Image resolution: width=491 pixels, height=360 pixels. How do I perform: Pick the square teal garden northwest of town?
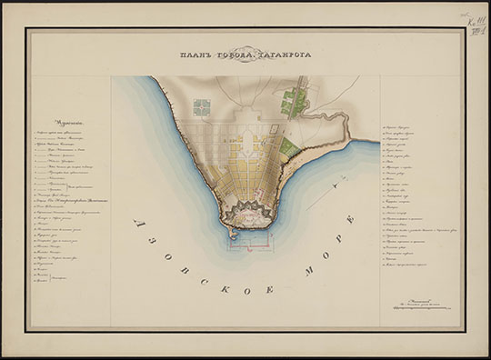tap(201, 108)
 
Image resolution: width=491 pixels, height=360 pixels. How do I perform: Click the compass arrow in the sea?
tap(338, 182)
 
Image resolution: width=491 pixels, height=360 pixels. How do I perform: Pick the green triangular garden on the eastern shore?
tap(288, 146)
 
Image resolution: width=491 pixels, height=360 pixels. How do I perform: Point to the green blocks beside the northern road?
tap(294, 101)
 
